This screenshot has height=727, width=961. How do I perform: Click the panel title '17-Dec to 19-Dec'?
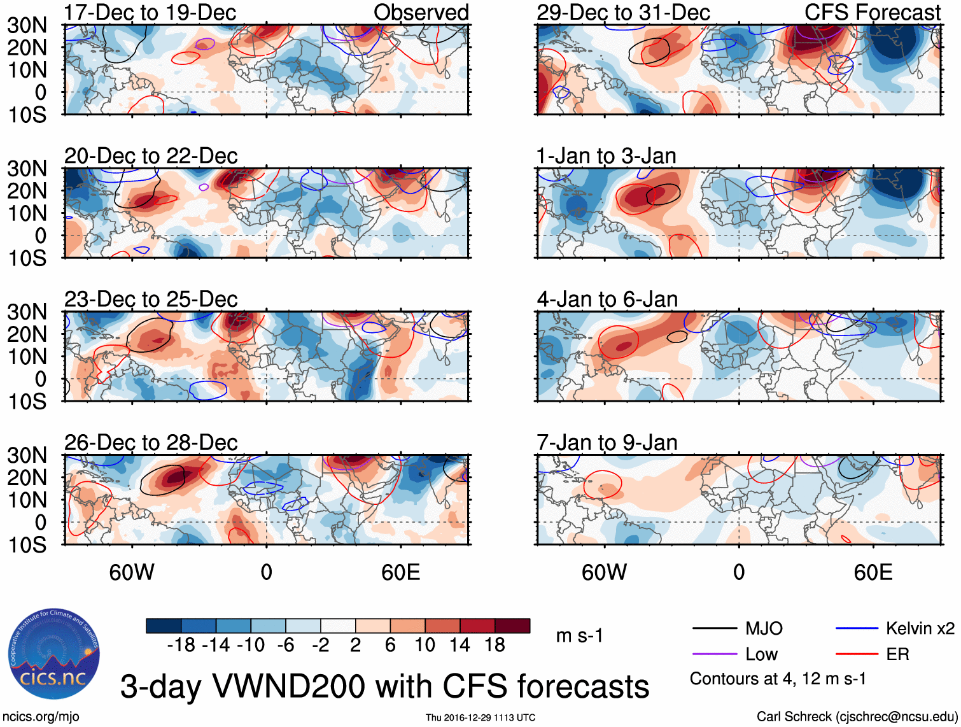(x=150, y=13)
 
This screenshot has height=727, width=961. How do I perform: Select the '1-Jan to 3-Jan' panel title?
(x=606, y=156)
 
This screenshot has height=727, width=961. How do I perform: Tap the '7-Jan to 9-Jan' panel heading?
(x=607, y=442)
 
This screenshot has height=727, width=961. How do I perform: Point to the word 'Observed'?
(x=421, y=13)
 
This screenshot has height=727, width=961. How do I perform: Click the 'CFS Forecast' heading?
(x=872, y=13)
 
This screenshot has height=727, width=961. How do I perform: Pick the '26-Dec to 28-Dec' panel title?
(x=151, y=442)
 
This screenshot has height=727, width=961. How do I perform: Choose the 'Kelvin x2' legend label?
(x=920, y=629)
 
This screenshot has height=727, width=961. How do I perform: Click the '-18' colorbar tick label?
(x=181, y=646)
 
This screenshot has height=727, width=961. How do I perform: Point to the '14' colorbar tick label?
(x=459, y=646)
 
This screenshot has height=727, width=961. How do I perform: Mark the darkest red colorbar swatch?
(x=512, y=626)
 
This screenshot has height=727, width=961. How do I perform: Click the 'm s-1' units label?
(x=579, y=636)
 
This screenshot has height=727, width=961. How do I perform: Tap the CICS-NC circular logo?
(x=53, y=654)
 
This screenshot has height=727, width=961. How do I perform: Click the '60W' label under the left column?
(x=132, y=572)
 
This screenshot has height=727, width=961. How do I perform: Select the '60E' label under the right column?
(x=873, y=572)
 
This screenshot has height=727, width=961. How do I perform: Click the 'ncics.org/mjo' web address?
(x=41, y=717)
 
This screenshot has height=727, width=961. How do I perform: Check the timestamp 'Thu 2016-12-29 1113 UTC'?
(x=481, y=717)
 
